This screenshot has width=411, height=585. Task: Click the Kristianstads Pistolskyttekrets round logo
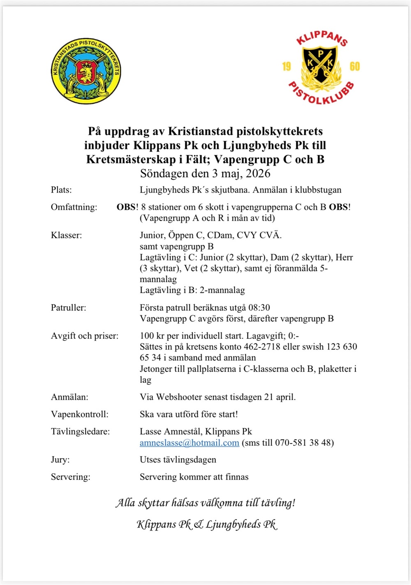pos(86,71)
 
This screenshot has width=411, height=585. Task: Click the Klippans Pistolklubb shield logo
pos(321,67)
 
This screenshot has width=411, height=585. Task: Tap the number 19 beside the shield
pos(286,67)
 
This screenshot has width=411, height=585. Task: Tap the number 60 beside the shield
pos(354,67)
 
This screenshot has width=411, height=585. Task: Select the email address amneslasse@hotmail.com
pos(189,443)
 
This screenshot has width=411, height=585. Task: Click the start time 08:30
pos(259,308)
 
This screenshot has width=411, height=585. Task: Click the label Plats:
pos(61,190)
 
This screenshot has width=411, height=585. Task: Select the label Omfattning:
pos(74,207)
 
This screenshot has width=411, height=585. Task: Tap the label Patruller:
pos(68,308)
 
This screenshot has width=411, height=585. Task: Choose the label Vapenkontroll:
pos(80,415)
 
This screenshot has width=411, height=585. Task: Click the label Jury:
pos(60,460)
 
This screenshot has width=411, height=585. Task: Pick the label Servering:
pos(70,477)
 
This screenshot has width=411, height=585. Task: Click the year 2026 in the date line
pos(258,173)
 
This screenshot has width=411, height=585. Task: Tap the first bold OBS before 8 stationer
pos(126,207)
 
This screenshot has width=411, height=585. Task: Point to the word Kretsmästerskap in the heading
pos(131,159)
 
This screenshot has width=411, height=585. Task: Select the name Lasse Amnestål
pos(170,432)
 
